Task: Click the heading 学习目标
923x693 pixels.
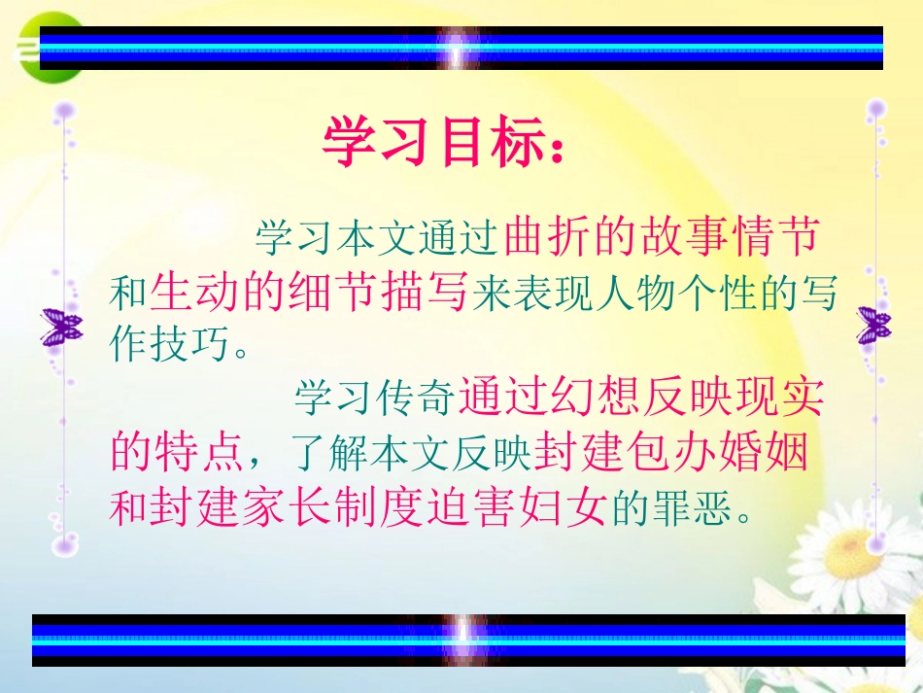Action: point(442,143)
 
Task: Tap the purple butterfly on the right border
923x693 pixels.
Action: point(873,325)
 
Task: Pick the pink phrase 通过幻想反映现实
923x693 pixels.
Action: point(641,398)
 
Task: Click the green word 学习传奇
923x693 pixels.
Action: point(373,398)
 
